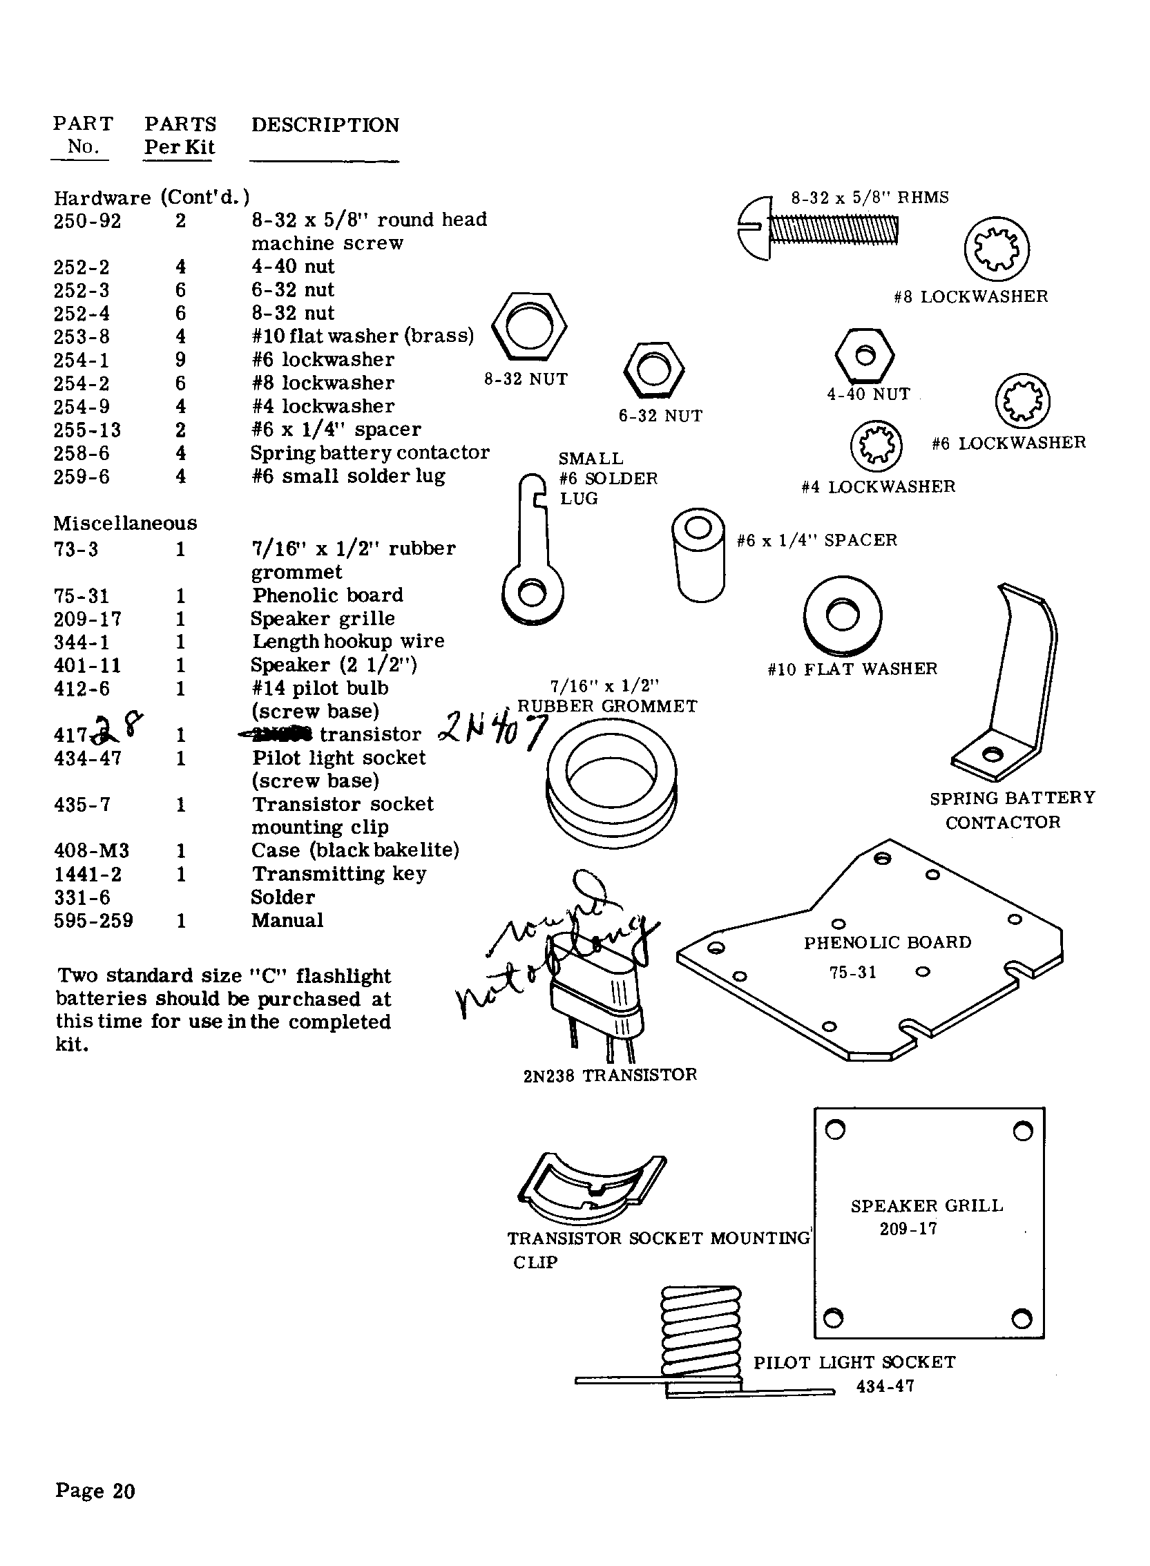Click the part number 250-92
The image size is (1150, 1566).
pos(87,222)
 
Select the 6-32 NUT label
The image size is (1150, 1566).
pos(660,417)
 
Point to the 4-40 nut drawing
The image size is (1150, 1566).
pos(864,355)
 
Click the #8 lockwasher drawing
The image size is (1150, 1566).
pos(997,249)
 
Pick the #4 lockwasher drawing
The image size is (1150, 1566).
pos(876,446)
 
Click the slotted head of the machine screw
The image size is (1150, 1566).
pos(755,228)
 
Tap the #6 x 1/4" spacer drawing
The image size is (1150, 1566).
pos(698,555)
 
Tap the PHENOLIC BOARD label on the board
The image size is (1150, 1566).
pos(887,943)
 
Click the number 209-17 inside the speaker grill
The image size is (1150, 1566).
pos(908,1229)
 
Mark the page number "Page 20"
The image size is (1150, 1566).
pos(95,1491)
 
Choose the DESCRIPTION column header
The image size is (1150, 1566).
pos(325,125)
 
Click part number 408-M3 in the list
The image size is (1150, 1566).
pos(91,851)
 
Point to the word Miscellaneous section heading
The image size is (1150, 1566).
pos(125,524)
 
